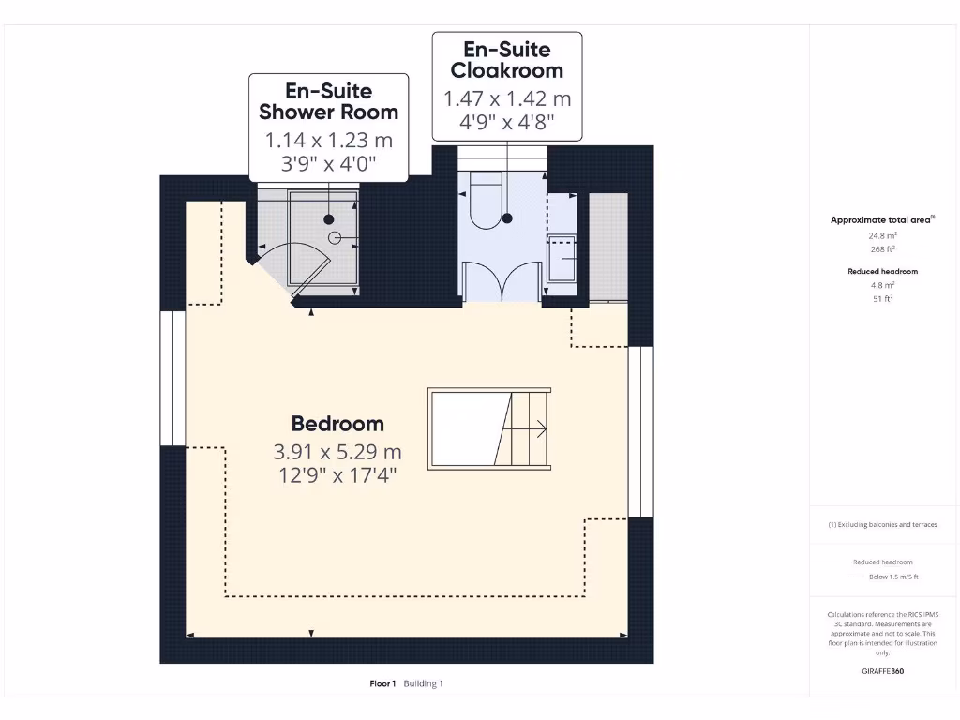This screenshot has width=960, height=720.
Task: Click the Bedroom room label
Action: click(337, 423)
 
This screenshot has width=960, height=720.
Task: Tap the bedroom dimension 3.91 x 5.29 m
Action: click(337, 451)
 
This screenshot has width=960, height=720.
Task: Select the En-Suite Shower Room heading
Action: click(328, 101)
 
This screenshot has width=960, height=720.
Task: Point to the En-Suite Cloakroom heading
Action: click(506, 59)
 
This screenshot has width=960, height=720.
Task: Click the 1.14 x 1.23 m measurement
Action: click(328, 141)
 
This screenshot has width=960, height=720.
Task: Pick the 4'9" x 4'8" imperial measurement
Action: click(506, 121)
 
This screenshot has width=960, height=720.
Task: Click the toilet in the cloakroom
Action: click(487, 202)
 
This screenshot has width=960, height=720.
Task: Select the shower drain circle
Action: click(330, 219)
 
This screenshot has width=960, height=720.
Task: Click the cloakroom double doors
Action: click(502, 281)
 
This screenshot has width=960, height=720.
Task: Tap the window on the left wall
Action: click(172, 378)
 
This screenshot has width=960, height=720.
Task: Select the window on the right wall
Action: click(640, 431)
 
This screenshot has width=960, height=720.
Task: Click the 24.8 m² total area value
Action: click(882, 237)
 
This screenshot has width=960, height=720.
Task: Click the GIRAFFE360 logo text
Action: click(882, 671)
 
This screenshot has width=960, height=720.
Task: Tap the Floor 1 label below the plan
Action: click(382, 683)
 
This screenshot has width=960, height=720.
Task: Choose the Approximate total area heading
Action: click(880, 220)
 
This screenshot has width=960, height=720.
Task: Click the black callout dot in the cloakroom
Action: click(508, 218)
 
